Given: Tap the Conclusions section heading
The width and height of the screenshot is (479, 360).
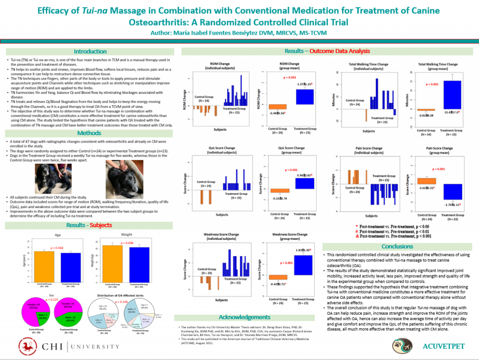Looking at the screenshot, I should pyautogui.click(x=397, y=246).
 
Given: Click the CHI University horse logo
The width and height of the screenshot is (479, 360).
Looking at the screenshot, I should pyautogui.click(x=27, y=346).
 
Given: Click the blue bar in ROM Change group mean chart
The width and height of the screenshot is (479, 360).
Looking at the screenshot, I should pyautogui.click(x=304, y=97).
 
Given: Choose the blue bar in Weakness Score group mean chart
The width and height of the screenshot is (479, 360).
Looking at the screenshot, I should pyautogui.click(x=303, y=265).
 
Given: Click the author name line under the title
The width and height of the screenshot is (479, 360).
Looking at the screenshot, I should pyautogui.click(x=239, y=33).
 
